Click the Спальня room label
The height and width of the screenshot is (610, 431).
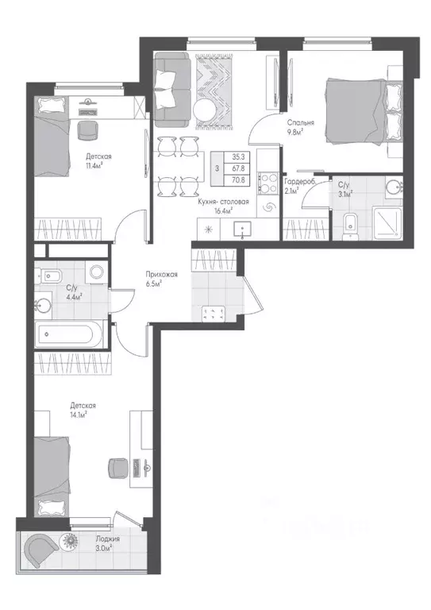(300, 123)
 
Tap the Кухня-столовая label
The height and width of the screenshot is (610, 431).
(223, 202)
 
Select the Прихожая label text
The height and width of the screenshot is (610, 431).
(162, 275)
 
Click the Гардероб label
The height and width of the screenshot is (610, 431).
(299, 182)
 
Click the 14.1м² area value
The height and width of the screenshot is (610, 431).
(78, 415)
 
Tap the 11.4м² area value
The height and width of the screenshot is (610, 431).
(94, 165)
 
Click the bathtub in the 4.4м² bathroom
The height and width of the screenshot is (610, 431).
(71, 334)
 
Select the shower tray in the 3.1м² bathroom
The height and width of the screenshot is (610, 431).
(387, 222)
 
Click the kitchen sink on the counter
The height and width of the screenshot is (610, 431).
(243, 230)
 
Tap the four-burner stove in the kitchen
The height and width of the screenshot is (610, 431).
(268, 183)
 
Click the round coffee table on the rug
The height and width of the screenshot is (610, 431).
(205, 110)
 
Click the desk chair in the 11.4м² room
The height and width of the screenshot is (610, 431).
(87, 130)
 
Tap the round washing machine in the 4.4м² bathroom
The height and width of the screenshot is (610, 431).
(96, 271)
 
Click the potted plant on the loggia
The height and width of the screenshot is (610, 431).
(71, 540)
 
